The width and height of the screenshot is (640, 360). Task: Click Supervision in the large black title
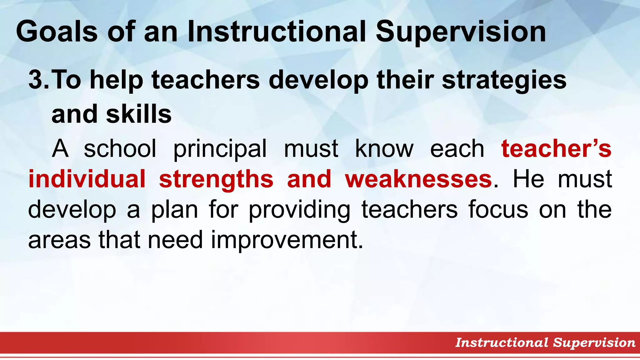coord(461,32)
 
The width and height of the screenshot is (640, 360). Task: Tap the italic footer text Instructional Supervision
coord(545,342)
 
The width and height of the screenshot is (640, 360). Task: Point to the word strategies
coord(504,80)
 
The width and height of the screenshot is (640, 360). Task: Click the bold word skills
coord(139,114)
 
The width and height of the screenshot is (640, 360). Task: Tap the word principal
coord(220,149)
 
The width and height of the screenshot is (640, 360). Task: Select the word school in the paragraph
coord(120,149)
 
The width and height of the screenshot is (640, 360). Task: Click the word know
coord(384,149)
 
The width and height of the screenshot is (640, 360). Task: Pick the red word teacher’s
coord(556,149)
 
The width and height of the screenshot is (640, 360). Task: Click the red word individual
coord(87,179)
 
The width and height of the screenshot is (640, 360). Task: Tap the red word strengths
coord(216,179)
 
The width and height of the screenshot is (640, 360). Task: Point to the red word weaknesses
coord(418,179)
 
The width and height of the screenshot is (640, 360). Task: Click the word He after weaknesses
coord(528,179)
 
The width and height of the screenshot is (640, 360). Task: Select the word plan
coord(175,210)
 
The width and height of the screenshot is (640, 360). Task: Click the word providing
coord(299,210)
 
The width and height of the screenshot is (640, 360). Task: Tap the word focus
coord(498,210)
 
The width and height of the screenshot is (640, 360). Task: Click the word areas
coord(59,240)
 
